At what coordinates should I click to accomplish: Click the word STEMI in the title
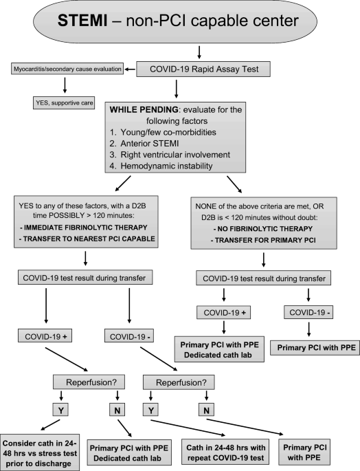(x=82, y=21)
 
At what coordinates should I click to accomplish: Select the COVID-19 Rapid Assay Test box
(x=203, y=69)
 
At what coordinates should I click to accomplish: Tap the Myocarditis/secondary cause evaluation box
(x=67, y=69)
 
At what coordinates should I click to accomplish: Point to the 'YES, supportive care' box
(x=64, y=102)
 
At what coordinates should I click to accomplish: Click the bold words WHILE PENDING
(x=144, y=109)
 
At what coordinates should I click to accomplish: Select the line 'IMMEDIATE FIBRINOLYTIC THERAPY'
(x=84, y=228)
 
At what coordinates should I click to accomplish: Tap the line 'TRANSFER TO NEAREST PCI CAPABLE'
(x=87, y=239)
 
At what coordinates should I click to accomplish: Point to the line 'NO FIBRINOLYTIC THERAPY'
(x=263, y=229)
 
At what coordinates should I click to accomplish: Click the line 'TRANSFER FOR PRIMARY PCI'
(x=263, y=240)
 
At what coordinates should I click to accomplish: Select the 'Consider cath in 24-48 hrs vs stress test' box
(x=40, y=452)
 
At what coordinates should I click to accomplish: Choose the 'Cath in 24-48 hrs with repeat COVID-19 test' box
(x=225, y=452)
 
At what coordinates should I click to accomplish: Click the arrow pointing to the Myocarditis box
(x=131, y=69)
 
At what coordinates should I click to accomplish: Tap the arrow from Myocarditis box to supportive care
(x=65, y=85)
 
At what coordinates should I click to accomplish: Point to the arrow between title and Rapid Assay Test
(x=199, y=52)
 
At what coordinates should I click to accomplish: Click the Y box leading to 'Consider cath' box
(x=60, y=410)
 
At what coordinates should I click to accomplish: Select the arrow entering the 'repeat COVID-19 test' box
(x=188, y=428)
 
